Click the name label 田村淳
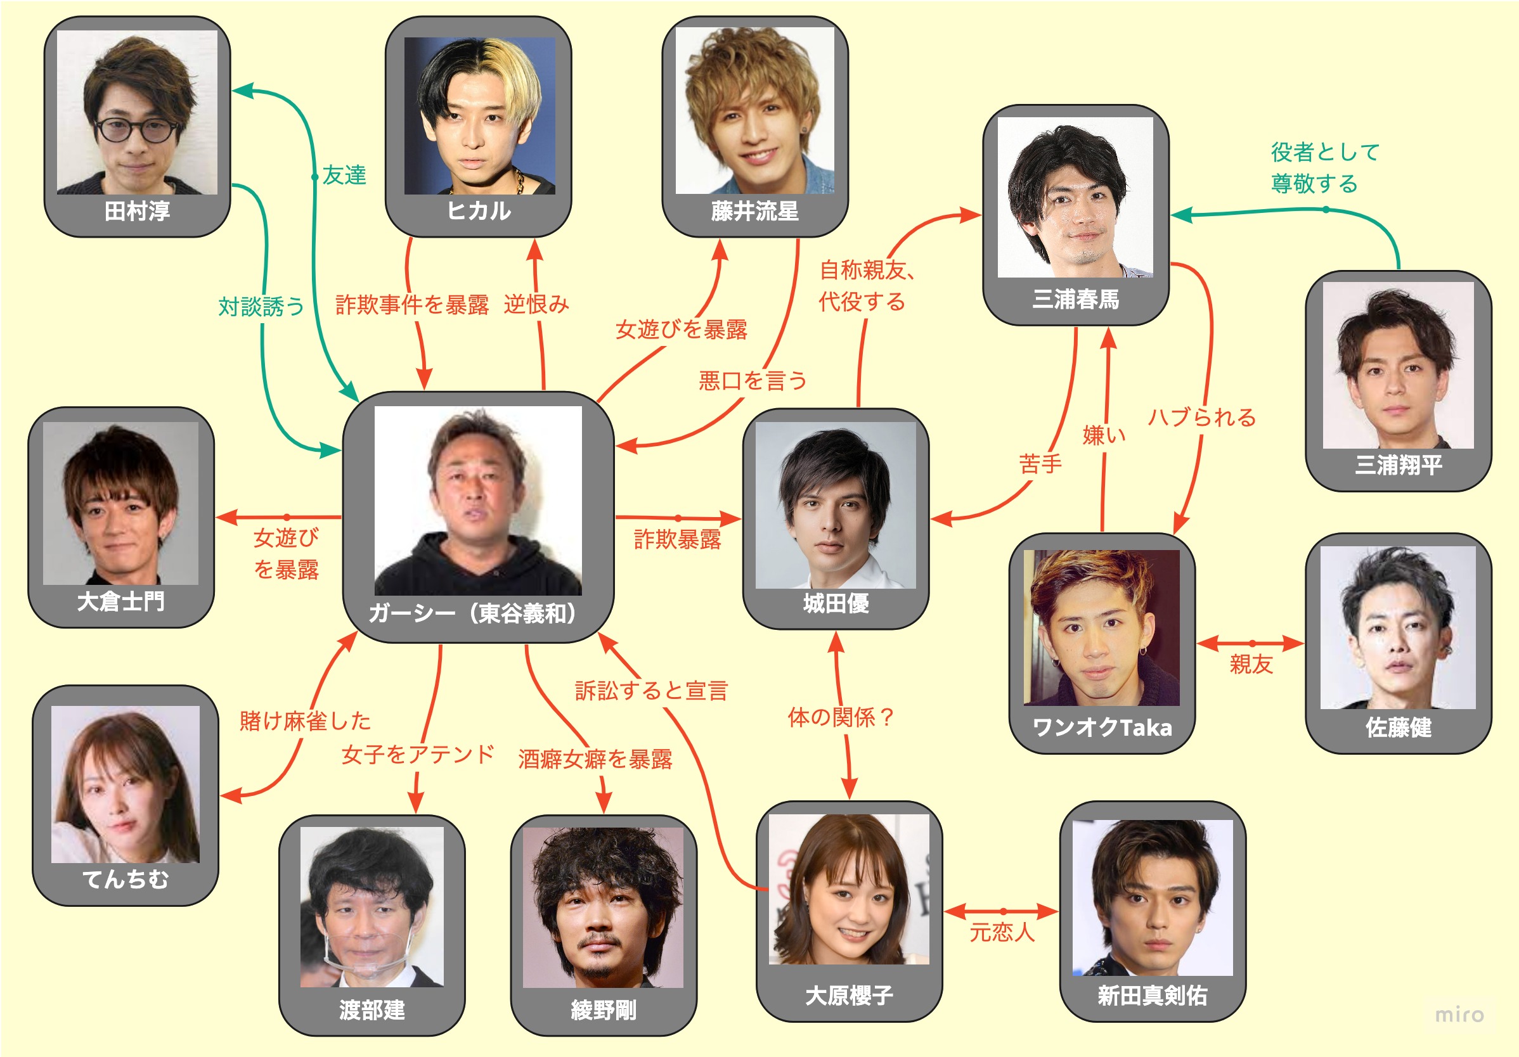pos(137,211)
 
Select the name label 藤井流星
pos(755,211)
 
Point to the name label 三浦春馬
pos(1076,300)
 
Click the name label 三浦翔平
pos(1398,465)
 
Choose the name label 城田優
pos(836,603)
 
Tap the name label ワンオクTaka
pos(1102,727)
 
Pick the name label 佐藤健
pos(1398,727)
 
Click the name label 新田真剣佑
pos(1152,996)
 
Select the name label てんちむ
pos(126,879)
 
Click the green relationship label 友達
pos(344,176)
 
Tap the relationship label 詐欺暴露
pos(677,540)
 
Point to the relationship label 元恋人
pos(1002,933)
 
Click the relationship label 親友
pos(1251,664)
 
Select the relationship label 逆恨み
pos(536,304)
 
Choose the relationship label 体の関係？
pos(841,717)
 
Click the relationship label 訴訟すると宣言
pos(651,691)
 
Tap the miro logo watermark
pos(1459,1015)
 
